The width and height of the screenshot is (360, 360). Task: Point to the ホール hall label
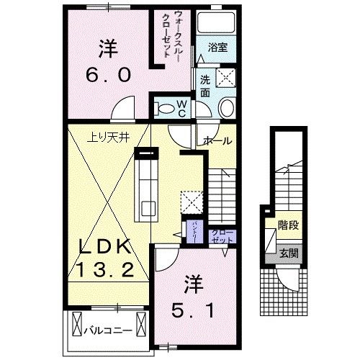point(218,140)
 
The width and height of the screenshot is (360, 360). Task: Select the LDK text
point(104,247)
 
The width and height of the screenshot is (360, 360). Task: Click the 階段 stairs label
point(289,225)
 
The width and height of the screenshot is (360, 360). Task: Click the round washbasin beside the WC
point(225,108)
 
